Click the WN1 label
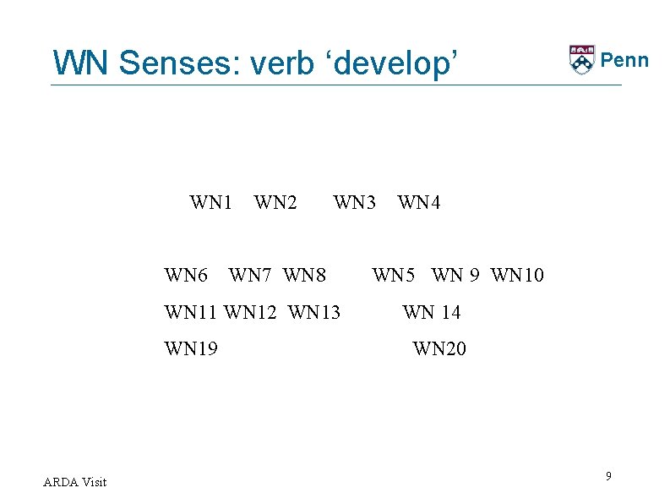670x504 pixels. [211, 203]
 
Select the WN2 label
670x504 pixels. [275, 203]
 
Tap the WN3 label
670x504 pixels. [355, 203]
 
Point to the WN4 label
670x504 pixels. [419, 203]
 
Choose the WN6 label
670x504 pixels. [186, 276]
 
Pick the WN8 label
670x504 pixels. [305, 276]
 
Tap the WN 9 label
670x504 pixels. [456, 276]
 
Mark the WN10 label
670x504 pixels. [518, 276]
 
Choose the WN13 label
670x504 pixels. [314, 313]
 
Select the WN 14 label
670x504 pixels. [432, 313]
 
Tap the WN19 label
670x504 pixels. [191, 348]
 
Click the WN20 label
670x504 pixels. [439, 348]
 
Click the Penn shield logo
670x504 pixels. [581, 60]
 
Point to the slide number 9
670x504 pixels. [608, 478]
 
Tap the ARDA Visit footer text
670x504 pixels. [74, 482]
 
